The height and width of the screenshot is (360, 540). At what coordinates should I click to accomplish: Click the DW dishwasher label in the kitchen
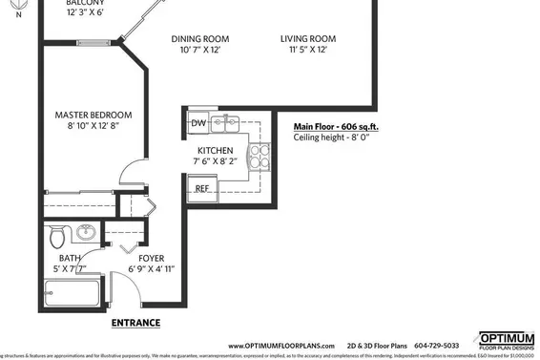coord(198,123)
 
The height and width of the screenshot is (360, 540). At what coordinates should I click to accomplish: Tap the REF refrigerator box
coord(203,188)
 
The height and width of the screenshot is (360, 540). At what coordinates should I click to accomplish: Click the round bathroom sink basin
coord(86,231)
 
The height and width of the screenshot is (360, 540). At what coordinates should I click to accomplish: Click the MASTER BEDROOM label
coord(93,115)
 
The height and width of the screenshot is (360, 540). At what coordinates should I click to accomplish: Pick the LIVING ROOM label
coord(308,39)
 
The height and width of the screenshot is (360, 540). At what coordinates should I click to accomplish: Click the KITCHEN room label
coord(215,151)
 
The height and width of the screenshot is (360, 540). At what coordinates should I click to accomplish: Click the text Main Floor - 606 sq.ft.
coord(334,126)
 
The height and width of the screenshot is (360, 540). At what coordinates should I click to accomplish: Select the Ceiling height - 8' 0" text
coord(331,138)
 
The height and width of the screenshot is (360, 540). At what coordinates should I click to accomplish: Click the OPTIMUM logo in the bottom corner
coord(506,341)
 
